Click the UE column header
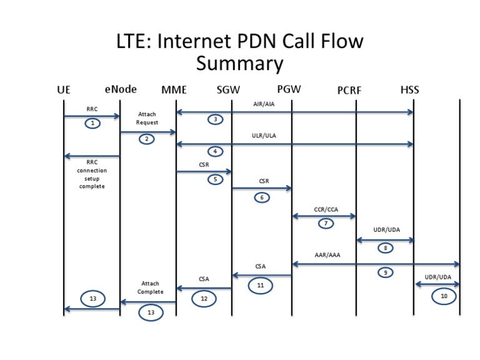click(63, 90)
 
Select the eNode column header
click(121, 89)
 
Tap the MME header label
click(174, 90)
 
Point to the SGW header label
click(228, 90)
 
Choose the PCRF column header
click(349, 91)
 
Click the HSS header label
click(409, 90)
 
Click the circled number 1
click(92, 123)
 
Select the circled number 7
click(326, 223)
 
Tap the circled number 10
click(444, 297)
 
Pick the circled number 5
click(216, 179)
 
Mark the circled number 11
click(261, 286)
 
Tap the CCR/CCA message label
click(326, 209)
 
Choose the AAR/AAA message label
click(327, 255)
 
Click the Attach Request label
click(147, 119)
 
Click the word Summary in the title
click(239, 64)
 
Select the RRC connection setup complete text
click(92, 174)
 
